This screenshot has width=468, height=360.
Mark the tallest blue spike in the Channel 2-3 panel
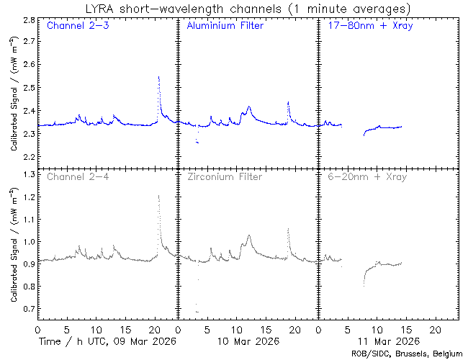tap(158, 76)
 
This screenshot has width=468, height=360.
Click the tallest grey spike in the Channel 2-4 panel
tap(158, 195)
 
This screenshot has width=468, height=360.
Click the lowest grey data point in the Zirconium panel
tap(197, 312)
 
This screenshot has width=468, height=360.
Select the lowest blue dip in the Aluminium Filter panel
tap(197, 143)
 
